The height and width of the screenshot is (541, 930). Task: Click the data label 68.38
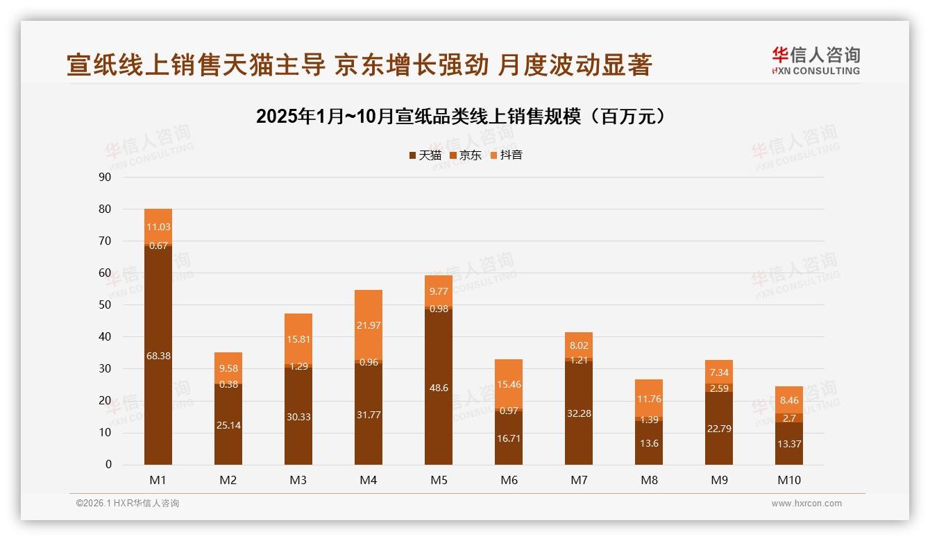158,356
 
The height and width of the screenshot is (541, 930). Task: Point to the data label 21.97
369,325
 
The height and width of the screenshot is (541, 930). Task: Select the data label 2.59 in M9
719,388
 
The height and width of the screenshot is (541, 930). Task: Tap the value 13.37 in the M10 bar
789,444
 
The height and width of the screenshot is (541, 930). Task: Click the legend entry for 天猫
425,155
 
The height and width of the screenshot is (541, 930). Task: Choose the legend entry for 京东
466,155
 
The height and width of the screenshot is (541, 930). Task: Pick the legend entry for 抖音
507,155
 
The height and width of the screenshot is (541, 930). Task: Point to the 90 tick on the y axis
105,177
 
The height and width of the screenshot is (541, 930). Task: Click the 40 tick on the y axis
105,336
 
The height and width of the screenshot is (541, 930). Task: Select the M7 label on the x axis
579,480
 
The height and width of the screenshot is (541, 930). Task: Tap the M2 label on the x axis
228,480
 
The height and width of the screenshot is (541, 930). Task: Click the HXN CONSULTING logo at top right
815,61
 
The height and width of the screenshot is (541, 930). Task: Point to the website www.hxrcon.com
806,504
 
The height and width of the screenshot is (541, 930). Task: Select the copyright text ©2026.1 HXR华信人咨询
128,504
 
